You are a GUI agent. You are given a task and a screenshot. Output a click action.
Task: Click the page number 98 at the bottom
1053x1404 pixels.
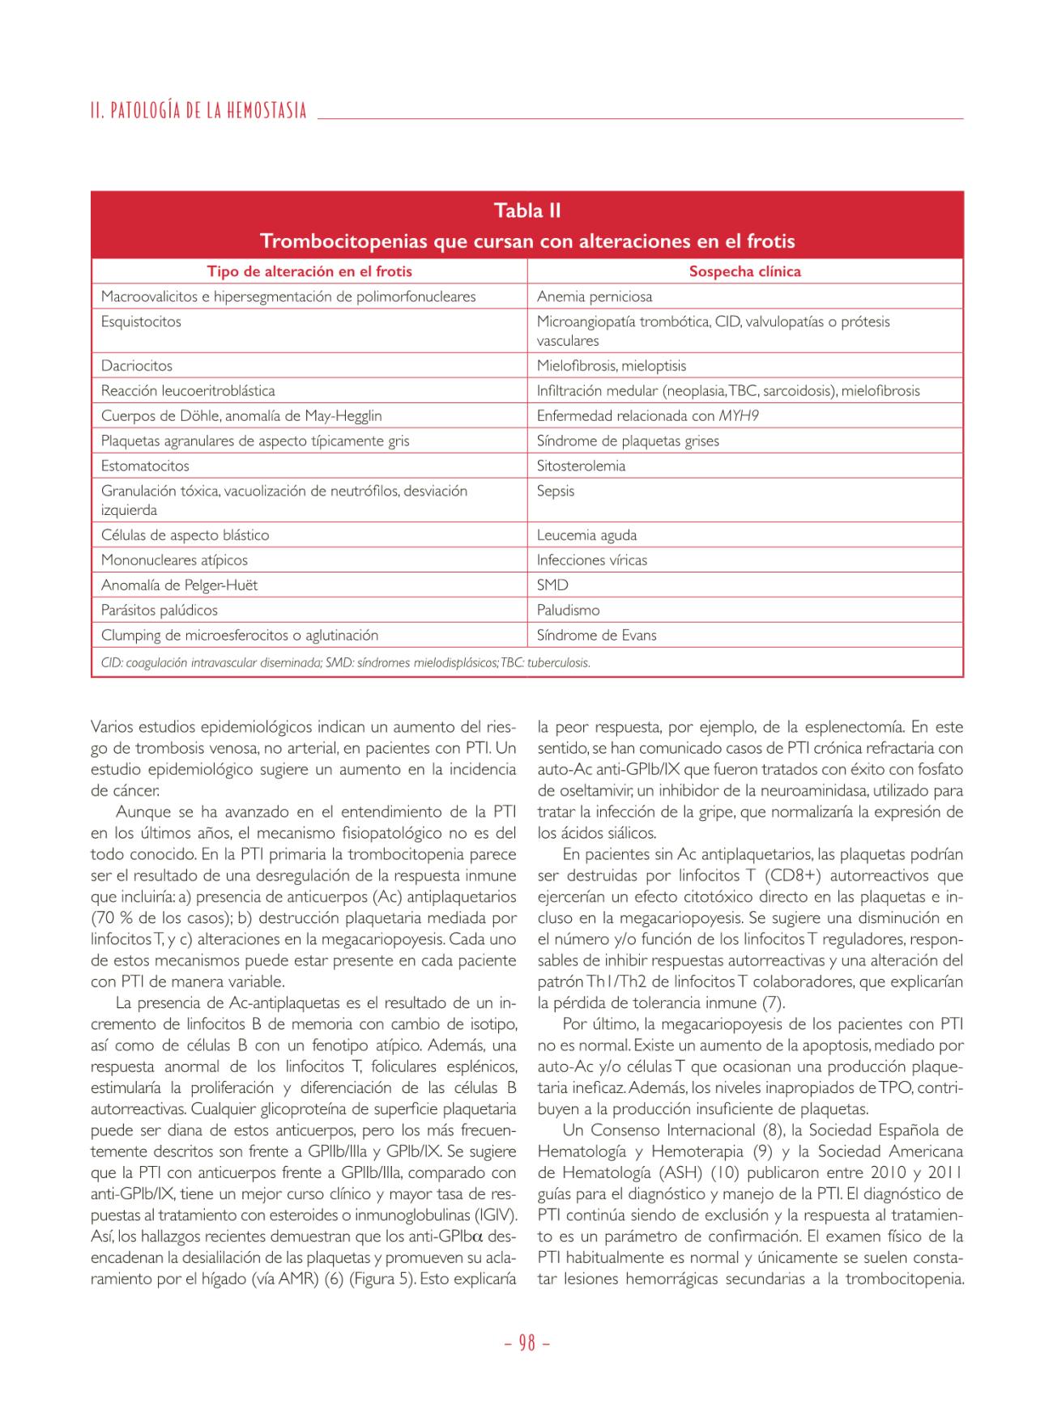coord(526,1343)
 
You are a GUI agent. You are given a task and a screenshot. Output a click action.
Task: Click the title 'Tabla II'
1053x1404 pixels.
coord(527,211)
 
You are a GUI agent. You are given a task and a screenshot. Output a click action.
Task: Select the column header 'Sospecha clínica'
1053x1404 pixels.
coord(744,272)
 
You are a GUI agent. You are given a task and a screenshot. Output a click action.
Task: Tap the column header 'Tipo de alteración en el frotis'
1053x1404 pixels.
coord(309,272)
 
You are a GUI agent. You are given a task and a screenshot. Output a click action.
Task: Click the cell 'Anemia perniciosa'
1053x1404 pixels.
coord(595,297)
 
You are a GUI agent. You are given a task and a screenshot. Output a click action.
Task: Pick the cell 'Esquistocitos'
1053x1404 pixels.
coord(141,322)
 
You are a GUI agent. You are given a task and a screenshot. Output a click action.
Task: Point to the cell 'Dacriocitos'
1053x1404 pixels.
coord(137,366)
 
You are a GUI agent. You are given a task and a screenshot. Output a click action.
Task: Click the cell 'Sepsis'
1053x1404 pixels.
coord(556,491)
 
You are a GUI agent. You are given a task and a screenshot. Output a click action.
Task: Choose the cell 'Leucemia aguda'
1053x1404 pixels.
coord(586,535)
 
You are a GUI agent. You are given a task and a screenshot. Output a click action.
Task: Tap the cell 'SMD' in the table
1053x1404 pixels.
coord(552,585)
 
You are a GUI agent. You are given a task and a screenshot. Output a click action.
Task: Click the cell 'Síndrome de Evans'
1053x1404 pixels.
coord(597,636)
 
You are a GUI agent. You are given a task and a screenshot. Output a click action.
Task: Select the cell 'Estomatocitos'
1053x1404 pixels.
coord(145,466)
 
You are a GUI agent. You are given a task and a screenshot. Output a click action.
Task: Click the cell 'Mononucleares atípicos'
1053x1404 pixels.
coord(174,560)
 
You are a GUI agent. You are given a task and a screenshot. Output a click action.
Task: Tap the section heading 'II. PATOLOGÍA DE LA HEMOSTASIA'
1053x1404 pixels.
coord(199,111)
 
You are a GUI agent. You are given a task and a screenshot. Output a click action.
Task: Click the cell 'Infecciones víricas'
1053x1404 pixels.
coord(592,560)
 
